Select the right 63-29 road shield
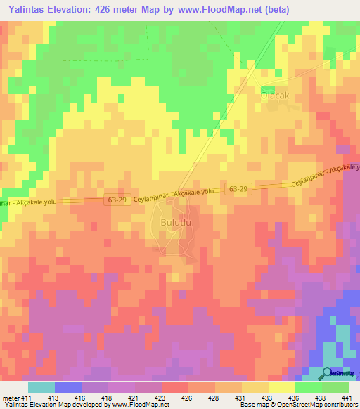(x=237, y=189)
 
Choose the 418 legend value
(x=108, y=398)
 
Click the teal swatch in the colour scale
(x=41, y=387)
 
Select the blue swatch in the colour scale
(x=68, y=387)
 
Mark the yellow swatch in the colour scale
(x=281, y=387)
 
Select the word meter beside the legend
(x=9, y=398)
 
